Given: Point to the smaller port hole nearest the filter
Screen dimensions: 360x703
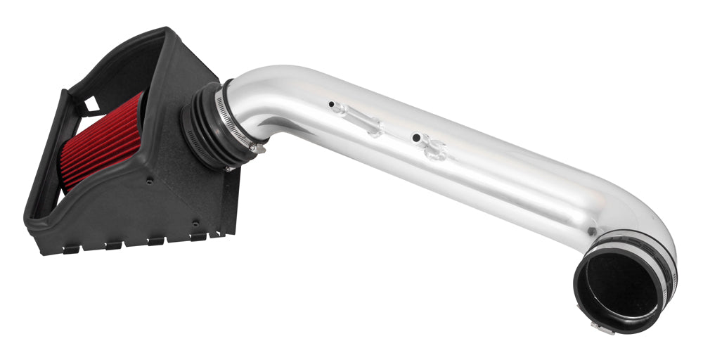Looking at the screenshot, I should click(x=332, y=104).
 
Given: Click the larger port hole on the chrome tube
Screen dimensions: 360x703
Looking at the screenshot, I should click(x=416, y=137).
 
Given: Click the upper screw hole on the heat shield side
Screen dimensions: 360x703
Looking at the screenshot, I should click(x=150, y=181).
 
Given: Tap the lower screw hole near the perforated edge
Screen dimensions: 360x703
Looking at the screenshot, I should click(x=196, y=224).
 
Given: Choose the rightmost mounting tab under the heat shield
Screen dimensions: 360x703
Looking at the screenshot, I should click(x=198, y=237).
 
